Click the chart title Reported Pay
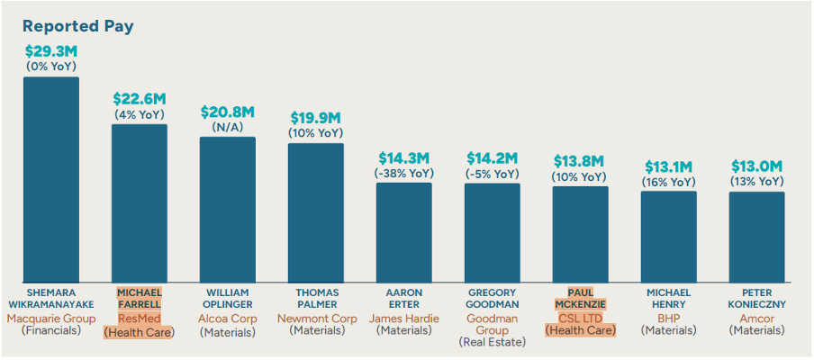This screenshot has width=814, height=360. click(x=77, y=26)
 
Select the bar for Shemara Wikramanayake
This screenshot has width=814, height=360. click(x=50, y=180)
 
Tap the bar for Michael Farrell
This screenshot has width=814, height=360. click(x=139, y=203)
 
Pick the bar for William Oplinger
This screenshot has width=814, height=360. click(x=227, y=210)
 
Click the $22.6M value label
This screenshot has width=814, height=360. click(x=139, y=98)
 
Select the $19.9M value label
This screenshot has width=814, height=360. click(x=315, y=118)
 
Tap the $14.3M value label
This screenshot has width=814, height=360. click(x=403, y=157)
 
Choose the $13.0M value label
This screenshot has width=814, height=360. click(x=756, y=166)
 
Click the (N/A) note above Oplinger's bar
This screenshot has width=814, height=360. click(x=227, y=128)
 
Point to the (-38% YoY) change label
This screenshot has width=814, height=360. click(x=403, y=173)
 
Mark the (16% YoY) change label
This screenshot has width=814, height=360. click(x=668, y=182)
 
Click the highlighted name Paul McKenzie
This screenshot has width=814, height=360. click(x=580, y=299)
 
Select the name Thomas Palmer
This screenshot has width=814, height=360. click(x=315, y=299)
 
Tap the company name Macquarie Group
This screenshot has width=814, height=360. click(x=50, y=318)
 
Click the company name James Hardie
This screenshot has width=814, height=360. click(x=403, y=318)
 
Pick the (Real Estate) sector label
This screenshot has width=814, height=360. click(x=492, y=342)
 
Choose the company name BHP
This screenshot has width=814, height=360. click(x=668, y=318)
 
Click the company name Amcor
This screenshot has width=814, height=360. click(x=756, y=318)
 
